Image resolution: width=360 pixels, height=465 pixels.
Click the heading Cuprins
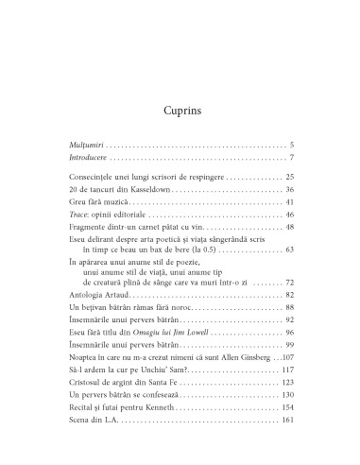[x=180, y=97]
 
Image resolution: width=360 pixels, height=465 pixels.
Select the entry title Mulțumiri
[x=76, y=145]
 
